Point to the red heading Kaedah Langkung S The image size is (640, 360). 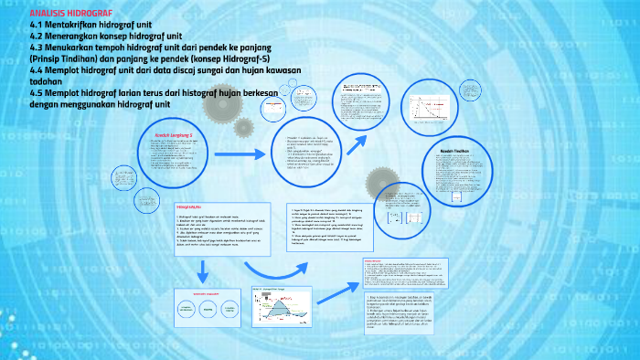(178, 135)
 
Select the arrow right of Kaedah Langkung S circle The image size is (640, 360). (241, 156)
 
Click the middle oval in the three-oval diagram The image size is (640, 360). (213, 310)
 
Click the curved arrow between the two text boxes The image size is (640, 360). (274, 268)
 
